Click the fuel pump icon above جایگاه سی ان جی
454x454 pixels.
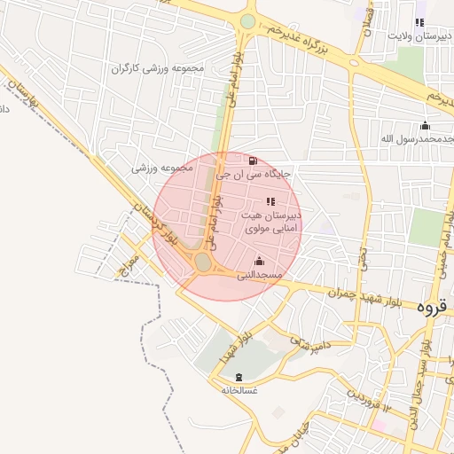254,160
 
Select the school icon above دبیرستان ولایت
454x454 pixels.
419,23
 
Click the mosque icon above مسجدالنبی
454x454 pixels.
259,261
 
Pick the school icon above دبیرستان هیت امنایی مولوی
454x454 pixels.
270,202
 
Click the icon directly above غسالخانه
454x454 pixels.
239,377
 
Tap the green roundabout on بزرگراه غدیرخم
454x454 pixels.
247,21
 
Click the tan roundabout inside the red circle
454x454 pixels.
203,262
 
